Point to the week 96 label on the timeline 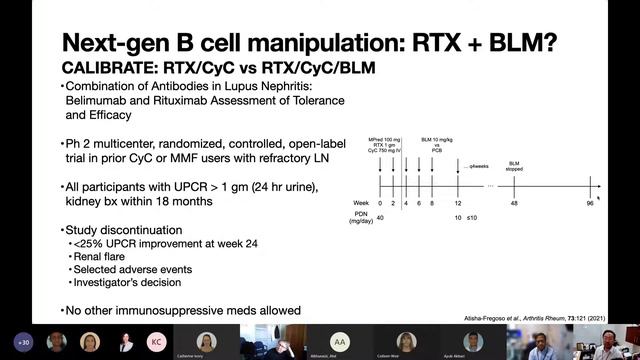[x=591, y=201]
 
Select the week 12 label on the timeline [x=458, y=201]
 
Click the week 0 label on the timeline [x=381, y=201]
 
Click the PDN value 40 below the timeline [x=381, y=217]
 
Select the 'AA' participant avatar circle [x=341, y=340]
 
